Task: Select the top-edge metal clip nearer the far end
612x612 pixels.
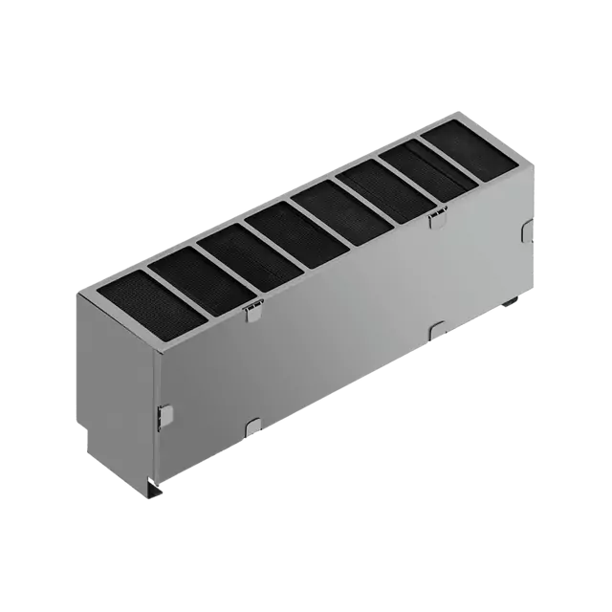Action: point(439,219)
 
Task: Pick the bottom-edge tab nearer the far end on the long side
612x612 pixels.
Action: point(438,327)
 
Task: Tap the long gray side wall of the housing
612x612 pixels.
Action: point(344,335)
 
